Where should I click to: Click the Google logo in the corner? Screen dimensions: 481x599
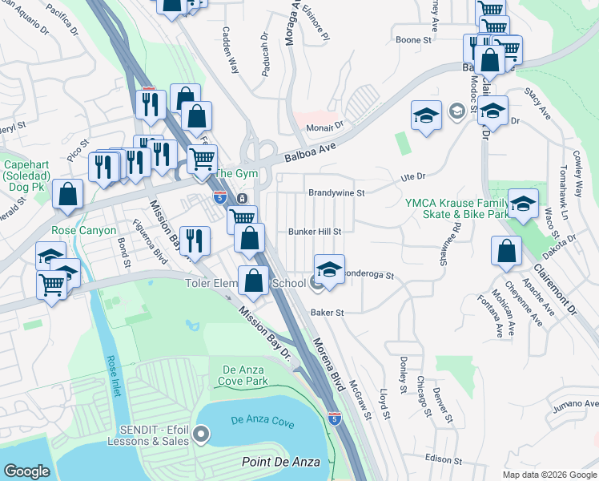(26, 471)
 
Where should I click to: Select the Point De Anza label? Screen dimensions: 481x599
(281, 462)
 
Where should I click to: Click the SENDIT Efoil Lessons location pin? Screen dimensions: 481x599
(201, 435)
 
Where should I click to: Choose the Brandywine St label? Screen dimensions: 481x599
(336, 193)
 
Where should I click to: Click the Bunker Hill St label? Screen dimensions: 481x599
(315, 231)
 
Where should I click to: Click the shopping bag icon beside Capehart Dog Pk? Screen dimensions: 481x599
(68, 195)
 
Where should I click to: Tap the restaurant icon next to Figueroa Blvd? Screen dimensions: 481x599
(195, 240)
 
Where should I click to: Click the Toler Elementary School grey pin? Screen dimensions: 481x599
(316, 282)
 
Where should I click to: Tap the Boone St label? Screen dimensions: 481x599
(413, 39)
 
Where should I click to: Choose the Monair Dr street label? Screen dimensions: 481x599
(327, 125)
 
